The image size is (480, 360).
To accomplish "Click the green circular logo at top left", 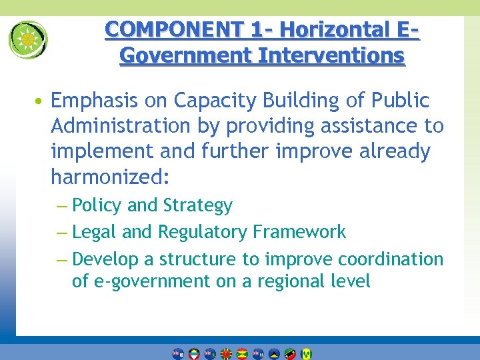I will tap(28, 39).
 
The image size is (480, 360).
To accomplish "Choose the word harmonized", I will tap(110, 177).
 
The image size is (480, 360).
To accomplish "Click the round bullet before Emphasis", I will tap(41, 101).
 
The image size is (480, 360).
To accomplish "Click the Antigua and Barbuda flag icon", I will tap(194, 353).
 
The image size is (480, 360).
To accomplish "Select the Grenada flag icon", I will tap(242, 353).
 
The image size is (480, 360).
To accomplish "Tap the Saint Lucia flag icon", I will tap(274, 353).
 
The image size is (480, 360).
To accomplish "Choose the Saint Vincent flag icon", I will tap(306, 353).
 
